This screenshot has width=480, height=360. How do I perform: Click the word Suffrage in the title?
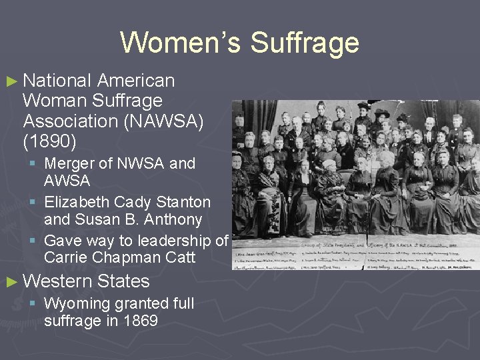point(305,43)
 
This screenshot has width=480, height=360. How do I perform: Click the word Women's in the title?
point(180,43)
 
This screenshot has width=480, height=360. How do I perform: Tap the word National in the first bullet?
point(57,81)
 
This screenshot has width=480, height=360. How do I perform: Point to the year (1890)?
point(49,142)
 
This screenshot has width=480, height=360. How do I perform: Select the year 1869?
point(139,321)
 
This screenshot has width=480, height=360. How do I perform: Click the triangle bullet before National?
point(11,82)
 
